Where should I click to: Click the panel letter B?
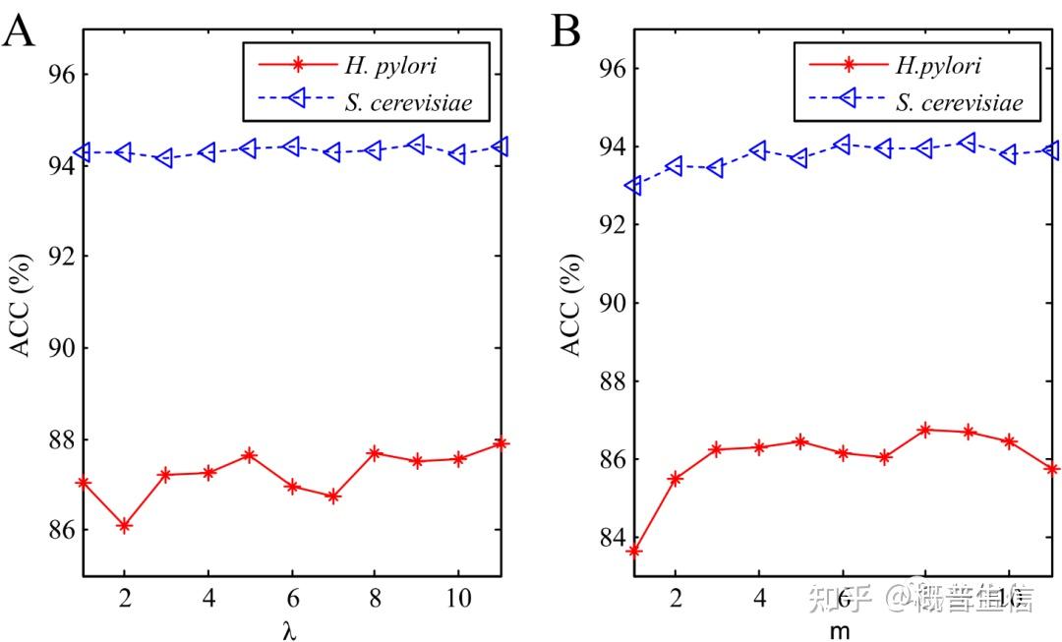pyautogui.click(x=566, y=31)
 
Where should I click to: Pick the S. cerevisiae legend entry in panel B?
pyautogui.click(x=959, y=102)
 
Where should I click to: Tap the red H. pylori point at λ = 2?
pyautogui.click(x=124, y=526)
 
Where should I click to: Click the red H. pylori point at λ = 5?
pyautogui.click(x=249, y=455)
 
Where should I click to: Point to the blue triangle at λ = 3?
pyautogui.click(x=165, y=157)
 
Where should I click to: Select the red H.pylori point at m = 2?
pyautogui.click(x=676, y=478)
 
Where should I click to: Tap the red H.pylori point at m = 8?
pyautogui.click(x=925, y=430)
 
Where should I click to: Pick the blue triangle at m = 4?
pyautogui.click(x=758, y=150)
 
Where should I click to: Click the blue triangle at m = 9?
pyautogui.click(x=967, y=143)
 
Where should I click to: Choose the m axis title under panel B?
pyautogui.click(x=841, y=630)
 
